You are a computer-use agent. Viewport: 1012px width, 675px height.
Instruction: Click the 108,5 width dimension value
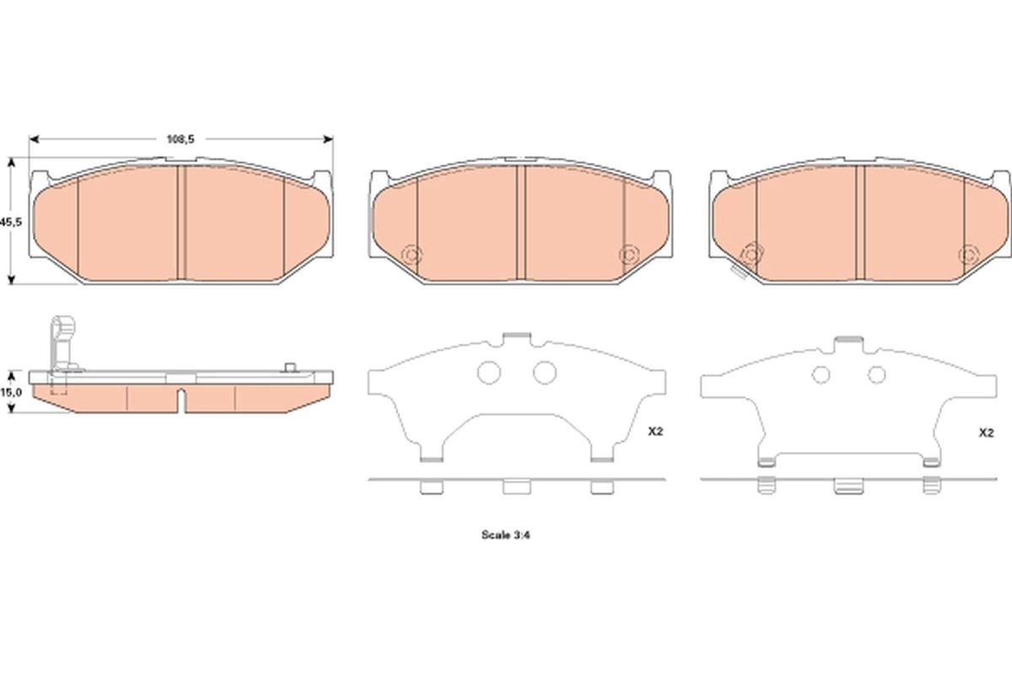point(180,139)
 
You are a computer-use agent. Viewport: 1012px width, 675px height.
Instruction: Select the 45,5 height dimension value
point(11,222)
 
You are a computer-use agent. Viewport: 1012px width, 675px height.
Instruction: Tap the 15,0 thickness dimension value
point(11,392)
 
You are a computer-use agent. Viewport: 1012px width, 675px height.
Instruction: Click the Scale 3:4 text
point(505,535)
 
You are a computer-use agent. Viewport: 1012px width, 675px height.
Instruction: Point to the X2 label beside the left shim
point(655,431)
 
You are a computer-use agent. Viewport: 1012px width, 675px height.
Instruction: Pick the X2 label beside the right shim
point(986,433)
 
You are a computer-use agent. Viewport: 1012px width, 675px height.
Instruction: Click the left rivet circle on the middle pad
point(412,256)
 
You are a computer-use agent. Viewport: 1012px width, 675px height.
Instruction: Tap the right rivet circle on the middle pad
point(629,255)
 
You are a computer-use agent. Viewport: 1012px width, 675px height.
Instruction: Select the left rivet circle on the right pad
point(752,255)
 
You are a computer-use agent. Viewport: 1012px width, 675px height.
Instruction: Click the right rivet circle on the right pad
point(969,255)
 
